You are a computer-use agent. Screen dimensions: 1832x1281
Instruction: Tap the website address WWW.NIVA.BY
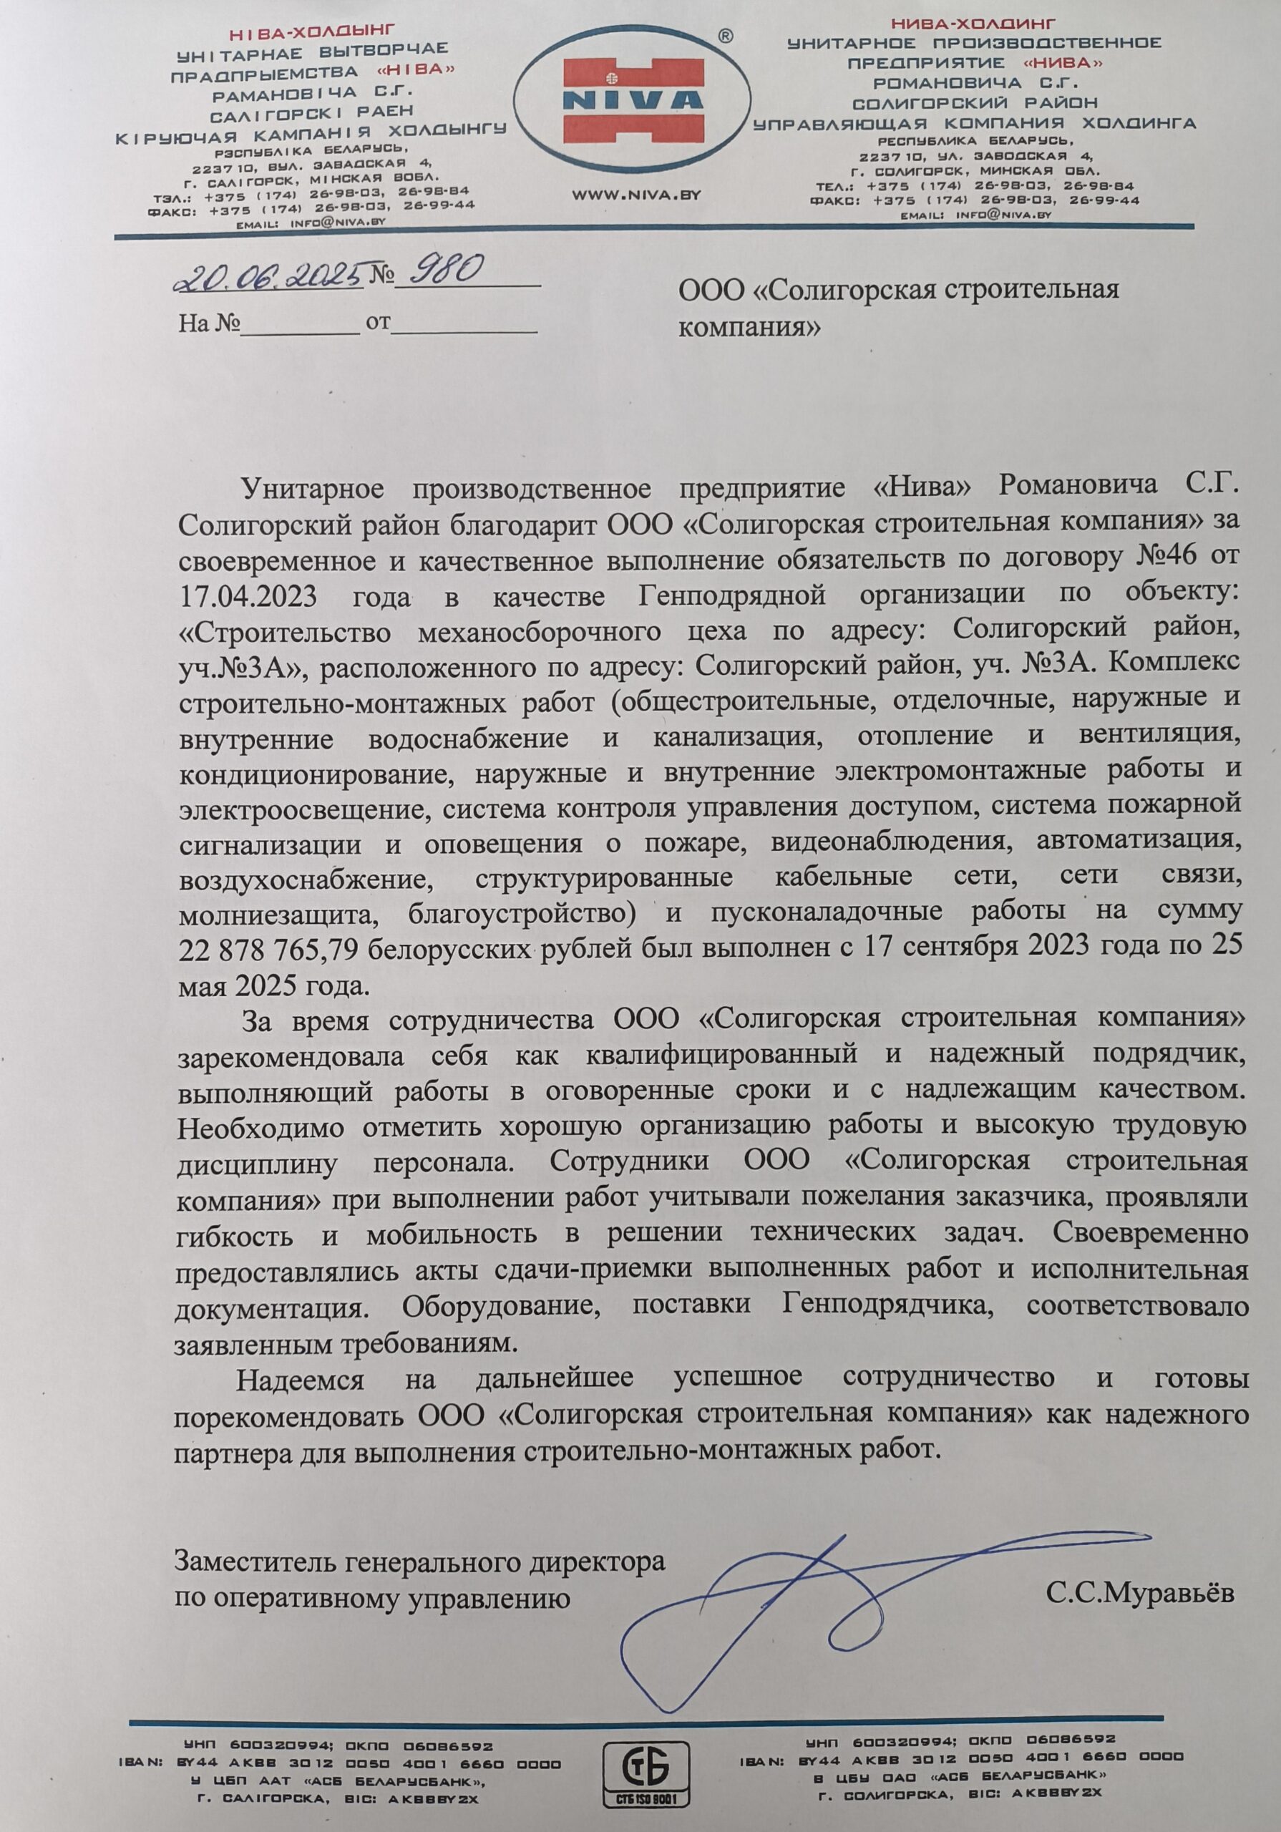637,194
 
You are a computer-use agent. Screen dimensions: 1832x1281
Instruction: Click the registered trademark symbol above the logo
725,36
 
